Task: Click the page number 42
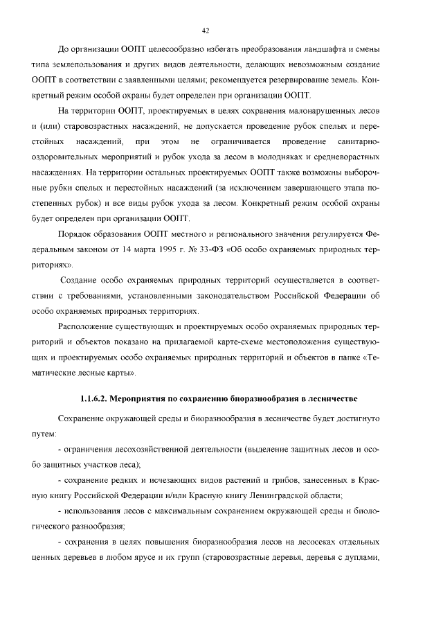206,30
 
